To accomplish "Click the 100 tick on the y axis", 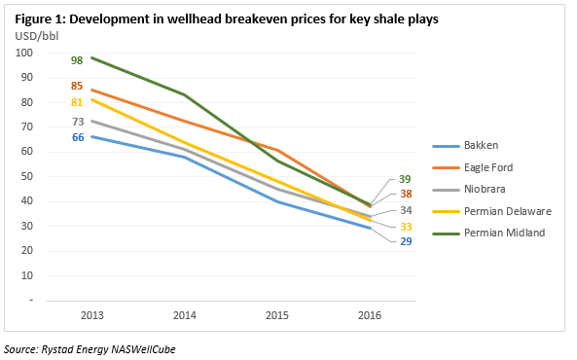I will pos(26,53).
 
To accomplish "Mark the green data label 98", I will pos(77,60).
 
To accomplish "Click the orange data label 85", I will pos(77,86).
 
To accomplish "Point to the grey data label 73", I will pos(77,122).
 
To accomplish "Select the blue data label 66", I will pos(77,138).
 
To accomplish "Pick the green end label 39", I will pos(406,180).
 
